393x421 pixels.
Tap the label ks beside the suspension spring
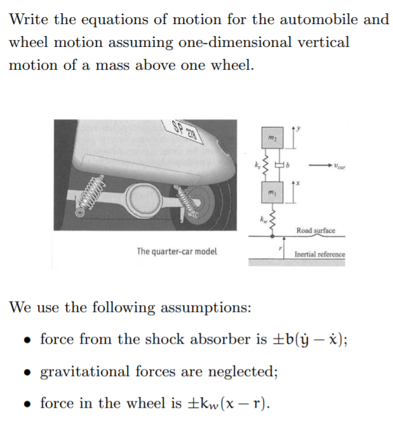click(x=257, y=164)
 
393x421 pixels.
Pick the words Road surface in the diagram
click(x=316, y=230)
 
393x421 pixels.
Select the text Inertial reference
click(x=319, y=254)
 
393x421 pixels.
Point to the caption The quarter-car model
click(x=177, y=251)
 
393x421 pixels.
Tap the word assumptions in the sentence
click(x=204, y=308)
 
